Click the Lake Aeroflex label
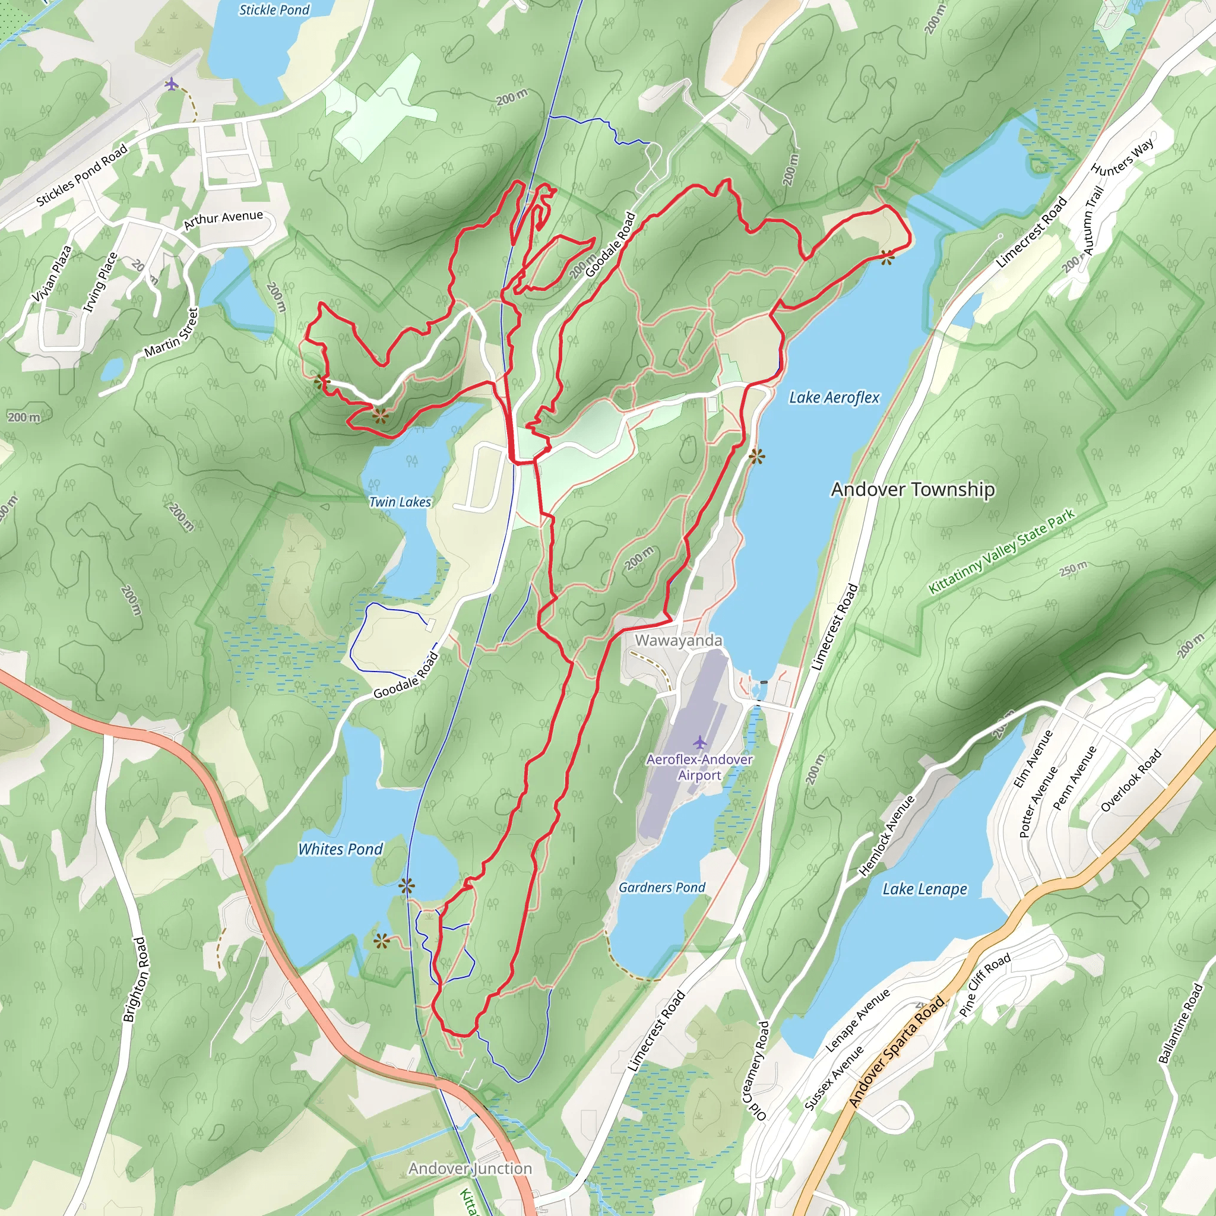point(834,397)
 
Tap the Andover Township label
point(913,489)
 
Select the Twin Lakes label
point(400,502)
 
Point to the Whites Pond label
point(340,849)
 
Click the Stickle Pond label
point(274,10)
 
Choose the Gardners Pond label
point(661,888)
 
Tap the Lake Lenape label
point(924,889)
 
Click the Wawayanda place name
point(679,640)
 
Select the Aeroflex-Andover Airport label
point(699,767)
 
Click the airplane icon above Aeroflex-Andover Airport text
point(699,742)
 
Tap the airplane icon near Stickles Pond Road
point(171,84)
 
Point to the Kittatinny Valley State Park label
point(1002,552)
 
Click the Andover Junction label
point(470,1168)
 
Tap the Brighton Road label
point(135,979)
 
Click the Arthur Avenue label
point(223,219)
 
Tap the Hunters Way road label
point(1124,157)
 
